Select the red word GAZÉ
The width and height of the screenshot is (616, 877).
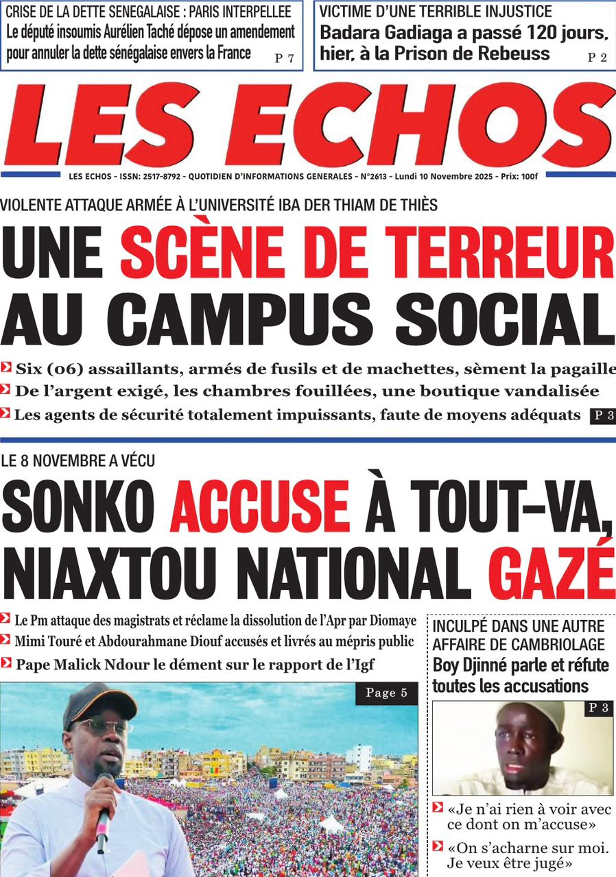click(x=552, y=569)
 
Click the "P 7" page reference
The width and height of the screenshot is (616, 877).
click(x=284, y=58)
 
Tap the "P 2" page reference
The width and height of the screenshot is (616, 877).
click(x=597, y=58)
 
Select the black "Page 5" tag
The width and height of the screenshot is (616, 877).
click(x=386, y=693)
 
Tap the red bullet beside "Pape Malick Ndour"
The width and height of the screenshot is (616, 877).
click(x=6, y=663)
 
